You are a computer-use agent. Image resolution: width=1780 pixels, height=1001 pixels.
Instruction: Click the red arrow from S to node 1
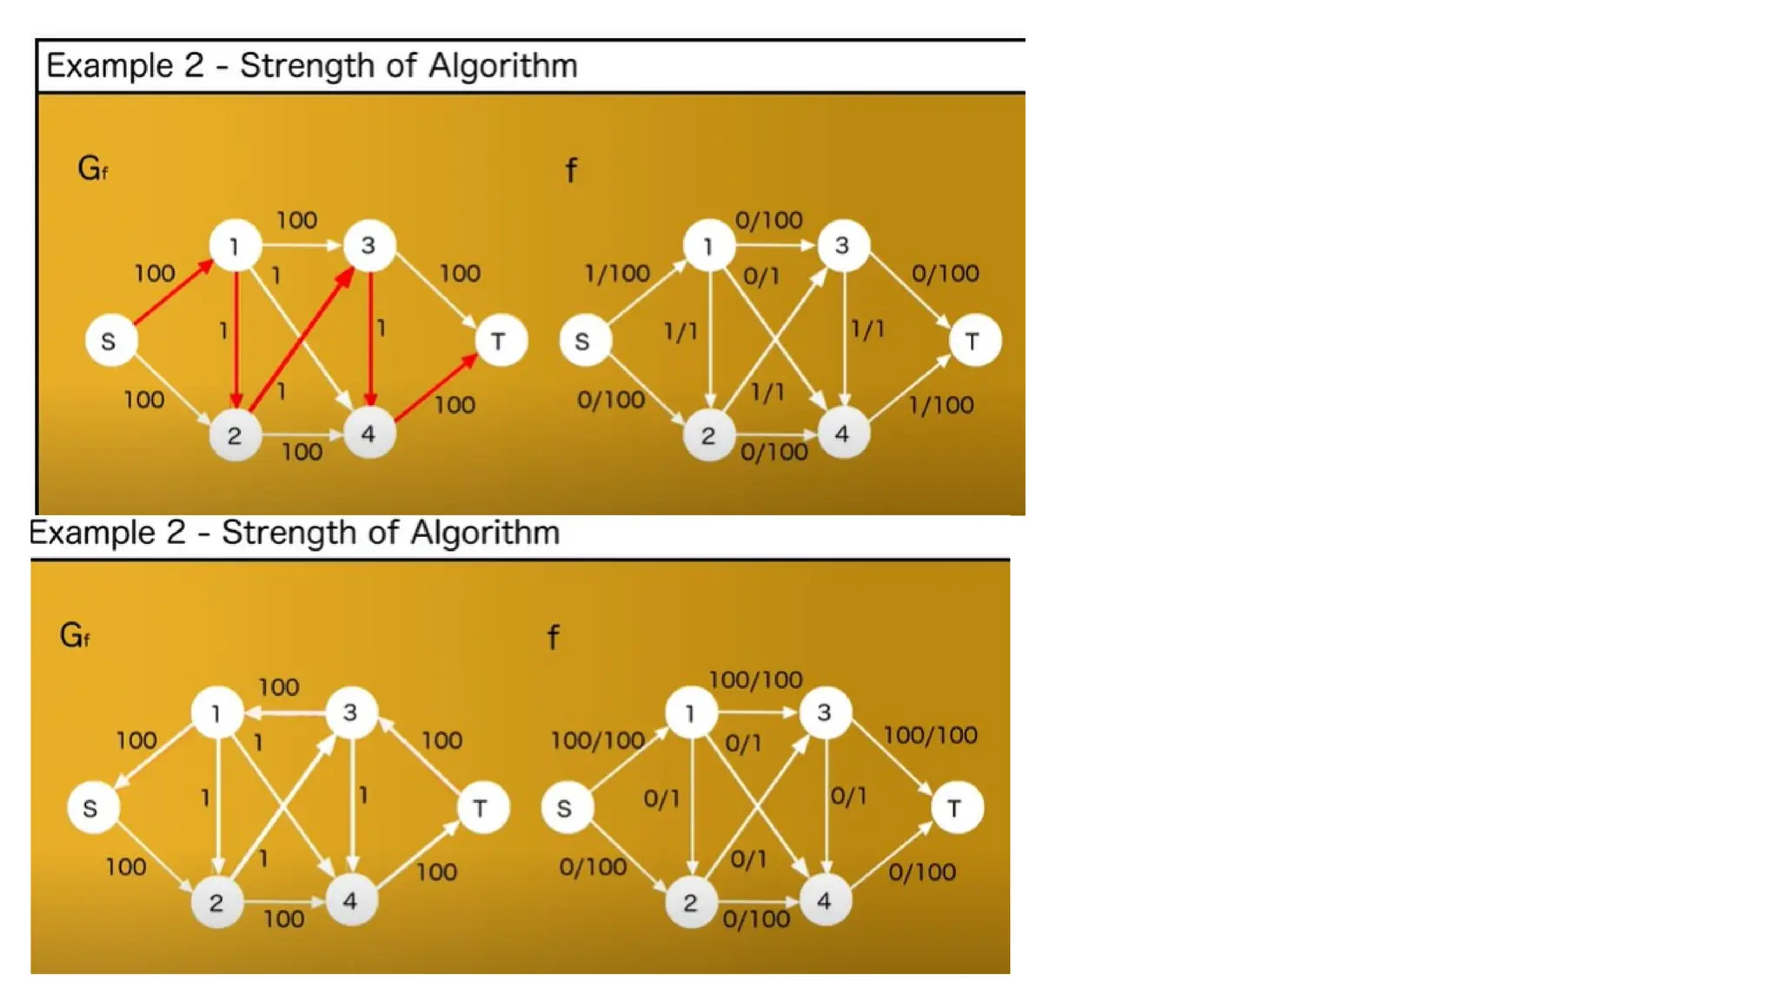pyautogui.click(x=174, y=293)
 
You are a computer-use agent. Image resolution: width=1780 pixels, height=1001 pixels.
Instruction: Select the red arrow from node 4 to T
pyautogui.click(x=435, y=388)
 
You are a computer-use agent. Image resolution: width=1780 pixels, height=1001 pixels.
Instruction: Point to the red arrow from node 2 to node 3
pyautogui.click(x=302, y=340)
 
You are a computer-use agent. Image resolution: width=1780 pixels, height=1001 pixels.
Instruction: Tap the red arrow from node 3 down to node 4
pyautogui.click(x=371, y=339)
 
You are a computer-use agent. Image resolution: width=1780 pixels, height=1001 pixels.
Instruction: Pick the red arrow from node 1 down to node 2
pyautogui.click(x=236, y=339)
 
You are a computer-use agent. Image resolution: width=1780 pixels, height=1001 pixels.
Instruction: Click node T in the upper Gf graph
pyautogui.click(x=500, y=341)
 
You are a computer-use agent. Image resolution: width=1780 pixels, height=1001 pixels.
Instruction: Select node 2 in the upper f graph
pyautogui.click(x=708, y=435)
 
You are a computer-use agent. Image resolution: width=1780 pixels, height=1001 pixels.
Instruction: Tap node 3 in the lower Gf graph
pyautogui.click(x=350, y=713)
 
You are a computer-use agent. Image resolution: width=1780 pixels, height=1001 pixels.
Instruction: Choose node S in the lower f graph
pyautogui.click(x=565, y=809)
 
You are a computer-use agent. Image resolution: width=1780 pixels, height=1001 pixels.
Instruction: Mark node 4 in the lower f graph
pyautogui.click(x=824, y=901)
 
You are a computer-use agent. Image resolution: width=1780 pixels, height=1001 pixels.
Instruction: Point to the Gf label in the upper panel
pyautogui.click(x=92, y=169)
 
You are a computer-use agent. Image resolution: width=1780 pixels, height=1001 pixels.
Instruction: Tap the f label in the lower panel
pyautogui.click(x=553, y=638)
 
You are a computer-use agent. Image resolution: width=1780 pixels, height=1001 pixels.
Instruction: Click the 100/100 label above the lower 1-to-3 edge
pyautogui.click(x=755, y=679)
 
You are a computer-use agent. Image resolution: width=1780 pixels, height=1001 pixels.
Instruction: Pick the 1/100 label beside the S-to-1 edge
pyautogui.click(x=617, y=274)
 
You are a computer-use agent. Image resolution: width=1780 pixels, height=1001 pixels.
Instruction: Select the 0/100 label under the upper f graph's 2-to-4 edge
pyautogui.click(x=774, y=453)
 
